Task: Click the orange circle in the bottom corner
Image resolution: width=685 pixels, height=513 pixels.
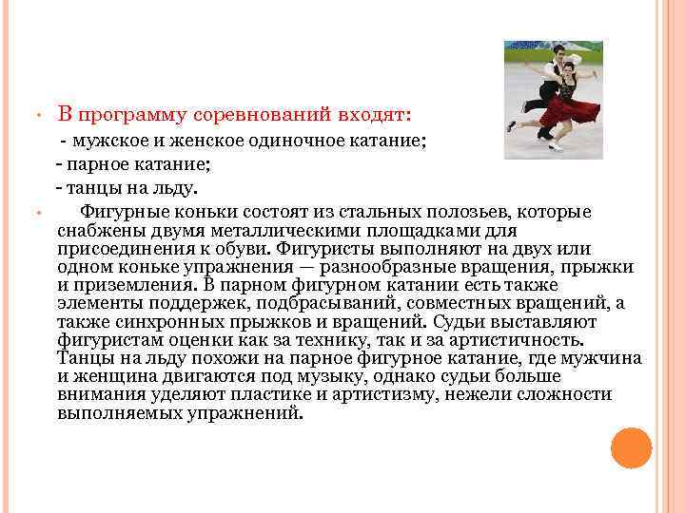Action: pyautogui.click(x=631, y=447)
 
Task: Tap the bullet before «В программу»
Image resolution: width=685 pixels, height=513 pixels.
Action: pyautogui.click(x=33, y=118)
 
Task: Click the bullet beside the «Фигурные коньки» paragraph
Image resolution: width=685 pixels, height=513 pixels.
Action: pyautogui.click(x=33, y=213)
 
